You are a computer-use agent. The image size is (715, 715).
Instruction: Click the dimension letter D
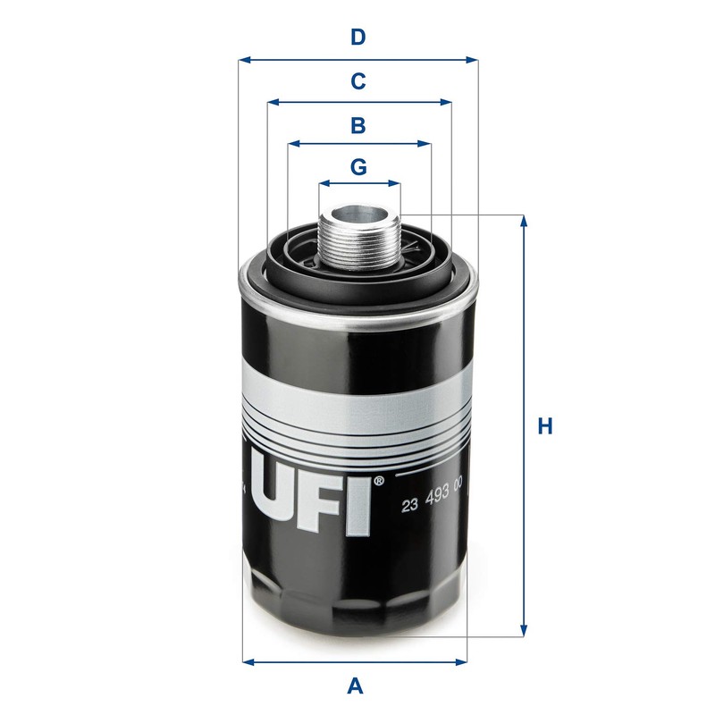tap(357, 38)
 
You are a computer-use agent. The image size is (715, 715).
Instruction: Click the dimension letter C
tap(357, 81)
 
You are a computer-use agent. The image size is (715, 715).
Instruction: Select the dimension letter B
tap(357, 125)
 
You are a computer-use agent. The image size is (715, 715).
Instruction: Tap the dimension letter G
tap(357, 167)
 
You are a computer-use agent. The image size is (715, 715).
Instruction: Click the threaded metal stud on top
tap(358, 239)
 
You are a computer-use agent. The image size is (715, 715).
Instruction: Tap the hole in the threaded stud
tap(358, 214)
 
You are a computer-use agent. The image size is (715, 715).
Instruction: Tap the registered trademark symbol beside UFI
tap(379, 481)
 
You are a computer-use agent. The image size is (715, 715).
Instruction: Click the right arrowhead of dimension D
tap(473, 61)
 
